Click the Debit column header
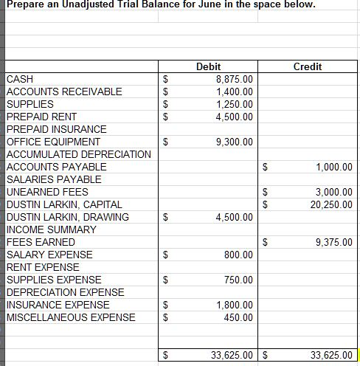(210, 66)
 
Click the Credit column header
(307, 66)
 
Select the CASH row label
(19, 79)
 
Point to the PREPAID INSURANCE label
(56, 129)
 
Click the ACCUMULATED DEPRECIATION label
(78, 154)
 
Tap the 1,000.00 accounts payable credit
(333, 167)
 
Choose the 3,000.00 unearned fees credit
(333, 192)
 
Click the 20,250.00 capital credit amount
(331, 204)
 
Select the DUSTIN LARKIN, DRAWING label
(67, 217)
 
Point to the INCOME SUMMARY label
(51, 229)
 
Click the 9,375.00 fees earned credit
(333, 242)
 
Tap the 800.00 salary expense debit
(239, 255)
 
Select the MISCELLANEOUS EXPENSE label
(71, 317)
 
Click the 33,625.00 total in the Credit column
(331, 355)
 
